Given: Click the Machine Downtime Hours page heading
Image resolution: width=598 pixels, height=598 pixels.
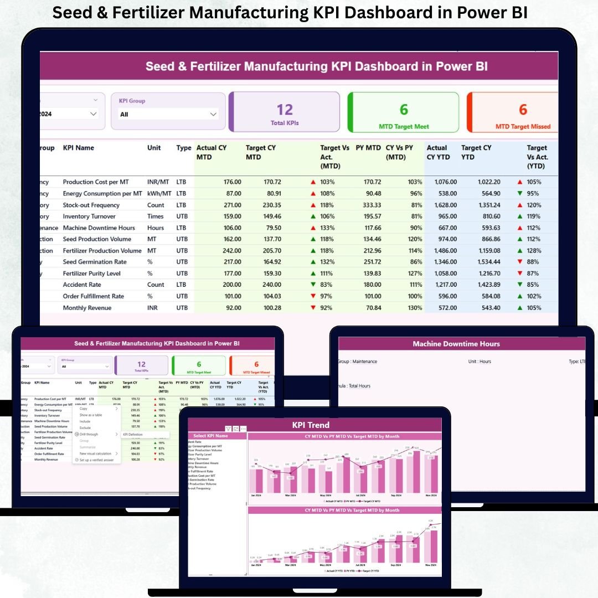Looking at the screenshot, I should pyautogui.click(x=456, y=344).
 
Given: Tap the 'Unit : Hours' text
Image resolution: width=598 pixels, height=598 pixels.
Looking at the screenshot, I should pyautogui.click(x=480, y=362).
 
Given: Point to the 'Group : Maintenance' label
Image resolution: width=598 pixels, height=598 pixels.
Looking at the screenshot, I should pyautogui.click(x=357, y=362).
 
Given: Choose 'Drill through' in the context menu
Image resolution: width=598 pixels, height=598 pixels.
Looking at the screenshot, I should pyautogui.click(x=89, y=434).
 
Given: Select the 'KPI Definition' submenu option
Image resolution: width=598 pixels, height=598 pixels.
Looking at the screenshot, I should pyautogui.click(x=132, y=435).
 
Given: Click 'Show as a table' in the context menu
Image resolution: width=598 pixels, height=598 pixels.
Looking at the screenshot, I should pyautogui.click(x=91, y=415).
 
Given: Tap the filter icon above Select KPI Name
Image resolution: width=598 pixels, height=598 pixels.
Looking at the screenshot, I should pyautogui.click(x=228, y=429).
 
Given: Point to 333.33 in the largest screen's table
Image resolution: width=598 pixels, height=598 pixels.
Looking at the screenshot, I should pyautogui.click(x=368, y=205).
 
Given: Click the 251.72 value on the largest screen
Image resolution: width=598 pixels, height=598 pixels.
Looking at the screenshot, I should pyautogui.click(x=368, y=262).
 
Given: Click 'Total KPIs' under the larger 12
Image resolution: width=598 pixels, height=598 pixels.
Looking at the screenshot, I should pyautogui.click(x=285, y=123).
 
